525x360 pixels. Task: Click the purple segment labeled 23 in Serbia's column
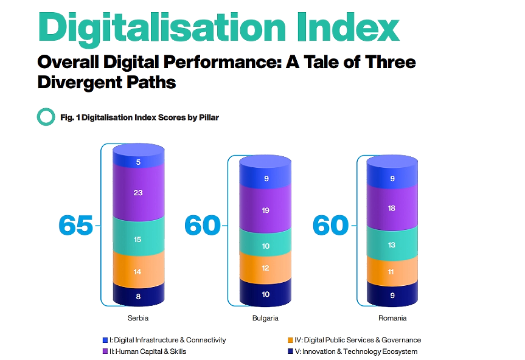click(x=138, y=193)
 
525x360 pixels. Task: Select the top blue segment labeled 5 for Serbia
click(x=138, y=162)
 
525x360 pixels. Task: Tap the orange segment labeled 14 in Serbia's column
click(x=138, y=272)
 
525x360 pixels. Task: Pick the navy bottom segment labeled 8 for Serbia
click(x=138, y=297)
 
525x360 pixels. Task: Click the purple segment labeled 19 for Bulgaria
click(x=265, y=210)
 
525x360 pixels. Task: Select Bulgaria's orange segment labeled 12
click(x=265, y=268)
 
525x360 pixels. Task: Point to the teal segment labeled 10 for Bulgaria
click(x=265, y=246)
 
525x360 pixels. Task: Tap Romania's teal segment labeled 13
click(x=392, y=245)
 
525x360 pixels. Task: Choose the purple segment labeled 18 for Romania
click(x=392, y=208)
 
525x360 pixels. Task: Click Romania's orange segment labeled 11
click(x=392, y=273)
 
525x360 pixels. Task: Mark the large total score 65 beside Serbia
click(x=76, y=226)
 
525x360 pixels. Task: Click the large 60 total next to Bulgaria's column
click(x=203, y=226)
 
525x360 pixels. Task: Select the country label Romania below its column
click(x=392, y=318)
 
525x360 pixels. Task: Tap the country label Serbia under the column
click(x=138, y=318)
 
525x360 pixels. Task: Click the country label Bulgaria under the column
click(x=265, y=318)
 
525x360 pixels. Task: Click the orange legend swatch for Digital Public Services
click(x=290, y=340)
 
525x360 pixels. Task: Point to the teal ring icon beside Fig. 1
click(x=46, y=117)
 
